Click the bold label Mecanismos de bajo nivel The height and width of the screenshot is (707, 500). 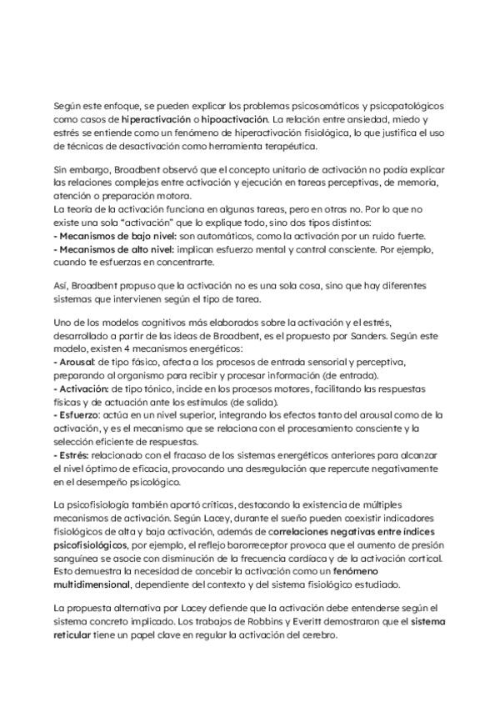(x=102, y=236)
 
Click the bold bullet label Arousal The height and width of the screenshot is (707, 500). (x=72, y=365)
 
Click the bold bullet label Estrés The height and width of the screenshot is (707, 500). (x=70, y=455)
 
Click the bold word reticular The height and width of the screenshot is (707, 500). (x=74, y=636)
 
